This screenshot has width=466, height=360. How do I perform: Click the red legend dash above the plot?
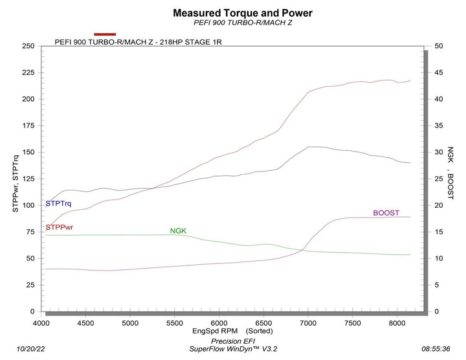click(x=105, y=34)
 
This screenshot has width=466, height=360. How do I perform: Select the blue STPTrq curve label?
click(x=58, y=203)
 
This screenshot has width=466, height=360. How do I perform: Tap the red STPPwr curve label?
click(x=60, y=227)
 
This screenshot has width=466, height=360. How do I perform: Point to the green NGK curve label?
click(x=178, y=231)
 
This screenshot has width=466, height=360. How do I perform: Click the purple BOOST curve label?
click(x=386, y=212)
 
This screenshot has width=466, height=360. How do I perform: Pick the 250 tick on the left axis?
click(x=27, y=46)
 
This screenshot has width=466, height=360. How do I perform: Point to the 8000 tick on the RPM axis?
click(x=396, y=322)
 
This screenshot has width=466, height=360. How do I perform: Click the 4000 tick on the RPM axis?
click(x=41, y=322)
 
